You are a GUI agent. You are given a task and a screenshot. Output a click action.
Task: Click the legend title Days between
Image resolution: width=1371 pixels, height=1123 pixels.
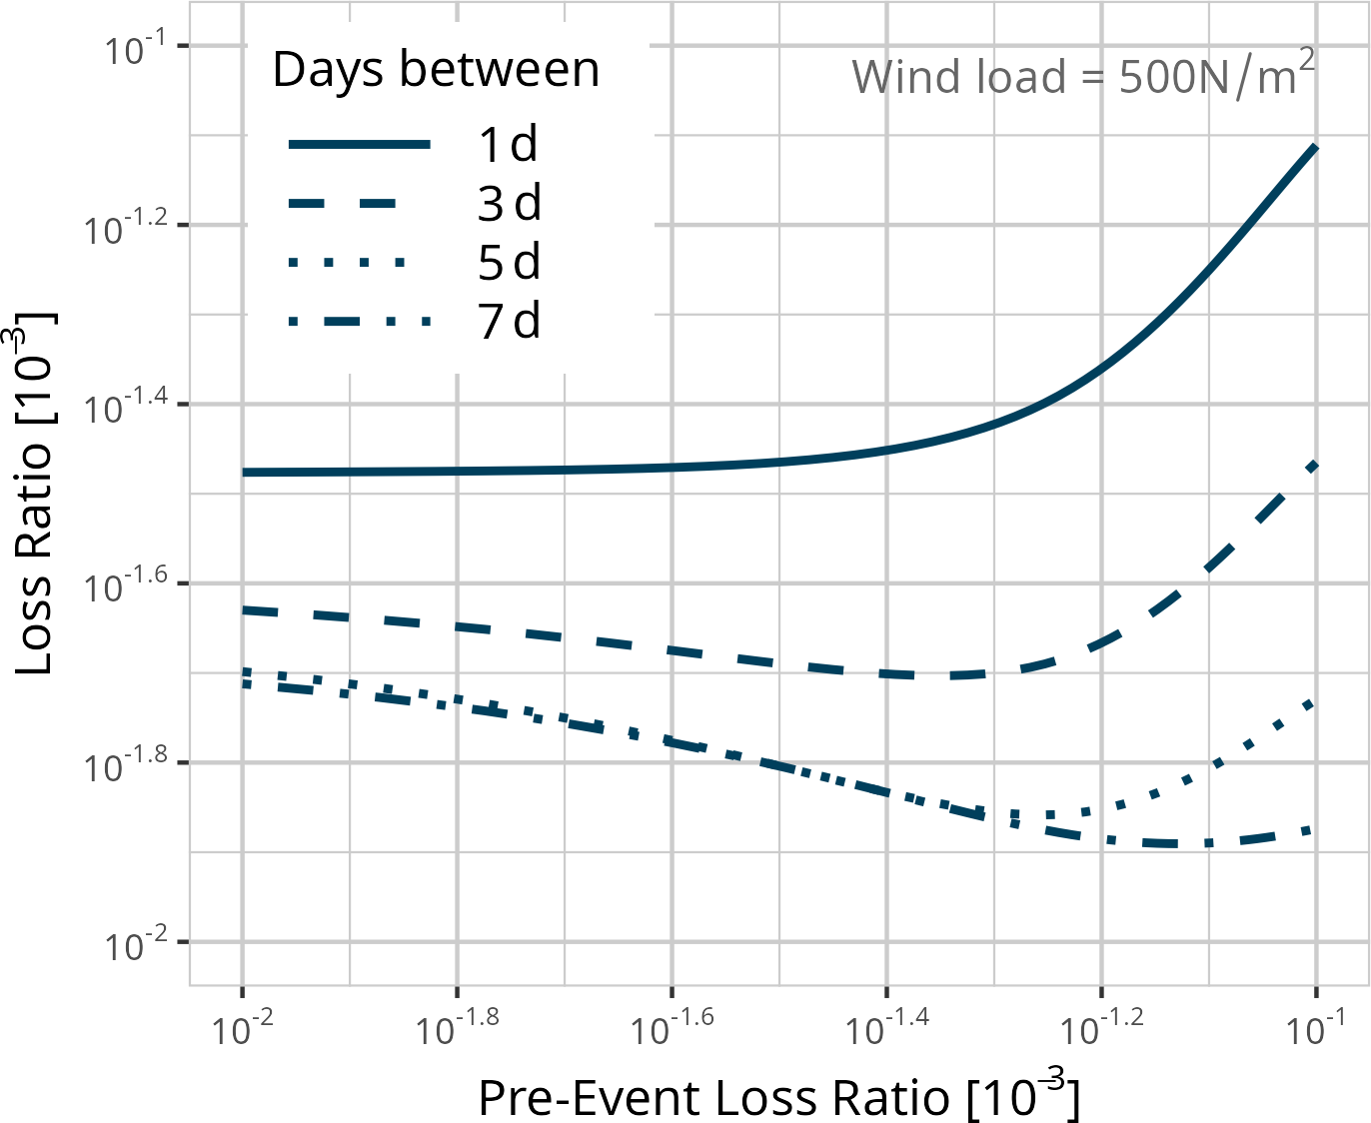point(436,70)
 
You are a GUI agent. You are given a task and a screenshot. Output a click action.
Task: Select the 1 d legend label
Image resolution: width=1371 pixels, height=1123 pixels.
point(509,145)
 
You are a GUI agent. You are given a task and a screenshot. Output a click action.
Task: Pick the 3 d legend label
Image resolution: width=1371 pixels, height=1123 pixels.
point(509,204)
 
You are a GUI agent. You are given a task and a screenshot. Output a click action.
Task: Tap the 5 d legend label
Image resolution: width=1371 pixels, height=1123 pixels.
point(509,263)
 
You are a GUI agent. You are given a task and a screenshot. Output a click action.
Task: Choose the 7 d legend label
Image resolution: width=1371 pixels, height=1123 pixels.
point(509,322)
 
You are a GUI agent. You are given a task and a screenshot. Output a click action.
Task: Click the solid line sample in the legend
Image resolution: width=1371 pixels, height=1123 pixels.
point(360,145)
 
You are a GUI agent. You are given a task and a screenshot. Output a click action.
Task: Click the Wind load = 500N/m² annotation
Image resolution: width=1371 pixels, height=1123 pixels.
point(1082,76)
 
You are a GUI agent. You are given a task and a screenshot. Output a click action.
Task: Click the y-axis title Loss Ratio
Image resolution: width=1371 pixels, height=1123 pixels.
point(36,494)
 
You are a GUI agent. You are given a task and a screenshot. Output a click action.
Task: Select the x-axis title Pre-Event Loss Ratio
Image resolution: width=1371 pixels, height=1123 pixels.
point(778,1097)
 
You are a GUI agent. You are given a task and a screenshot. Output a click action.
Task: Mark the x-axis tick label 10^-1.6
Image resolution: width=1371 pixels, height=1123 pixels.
point(672,1026)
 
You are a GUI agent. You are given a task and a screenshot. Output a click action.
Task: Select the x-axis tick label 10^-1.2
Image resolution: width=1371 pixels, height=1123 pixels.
point(1100,1026)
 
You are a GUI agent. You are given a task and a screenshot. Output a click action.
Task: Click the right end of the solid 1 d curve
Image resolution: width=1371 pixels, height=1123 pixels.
point(1315,148)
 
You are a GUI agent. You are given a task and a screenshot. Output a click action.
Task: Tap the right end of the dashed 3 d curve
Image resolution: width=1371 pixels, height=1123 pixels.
point(1315,465)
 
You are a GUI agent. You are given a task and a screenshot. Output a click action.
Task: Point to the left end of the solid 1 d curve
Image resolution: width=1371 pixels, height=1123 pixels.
point(244,472)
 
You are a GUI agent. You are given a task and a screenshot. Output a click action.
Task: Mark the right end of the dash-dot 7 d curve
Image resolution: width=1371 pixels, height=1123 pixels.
point(1313,829)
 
